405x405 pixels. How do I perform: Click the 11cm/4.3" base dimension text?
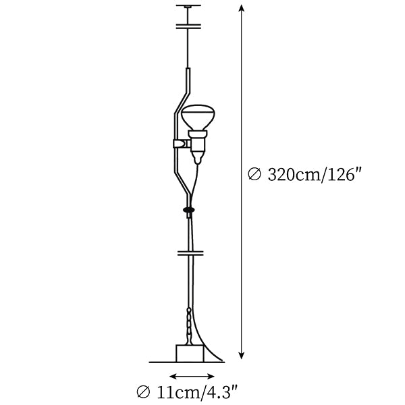196,393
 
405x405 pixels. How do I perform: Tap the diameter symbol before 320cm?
254,174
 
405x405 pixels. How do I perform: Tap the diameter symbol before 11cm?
143,393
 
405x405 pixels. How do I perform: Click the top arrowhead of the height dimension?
241,7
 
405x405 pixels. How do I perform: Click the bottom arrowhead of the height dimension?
241,356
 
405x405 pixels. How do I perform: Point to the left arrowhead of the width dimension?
173,377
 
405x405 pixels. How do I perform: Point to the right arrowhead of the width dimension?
211,377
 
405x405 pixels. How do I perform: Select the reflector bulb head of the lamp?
198,117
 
